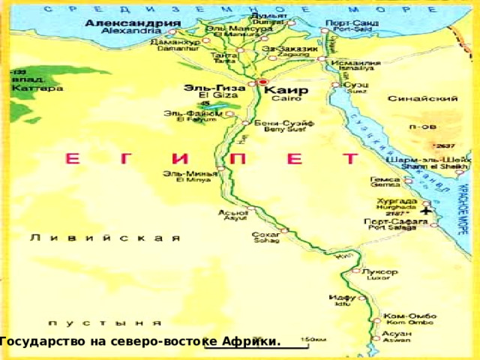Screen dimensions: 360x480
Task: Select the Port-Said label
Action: (x=351, y=26)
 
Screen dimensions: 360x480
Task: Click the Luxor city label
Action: (x=375, y=273)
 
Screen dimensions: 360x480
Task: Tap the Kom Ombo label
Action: (x=406, y=318)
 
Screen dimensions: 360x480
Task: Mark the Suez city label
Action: (x=356, y=88)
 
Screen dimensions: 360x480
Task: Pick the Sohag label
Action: (x=265, y=238)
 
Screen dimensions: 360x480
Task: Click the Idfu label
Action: (x=339, y=300)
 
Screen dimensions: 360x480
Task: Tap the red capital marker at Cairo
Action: (x=262, y=82)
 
